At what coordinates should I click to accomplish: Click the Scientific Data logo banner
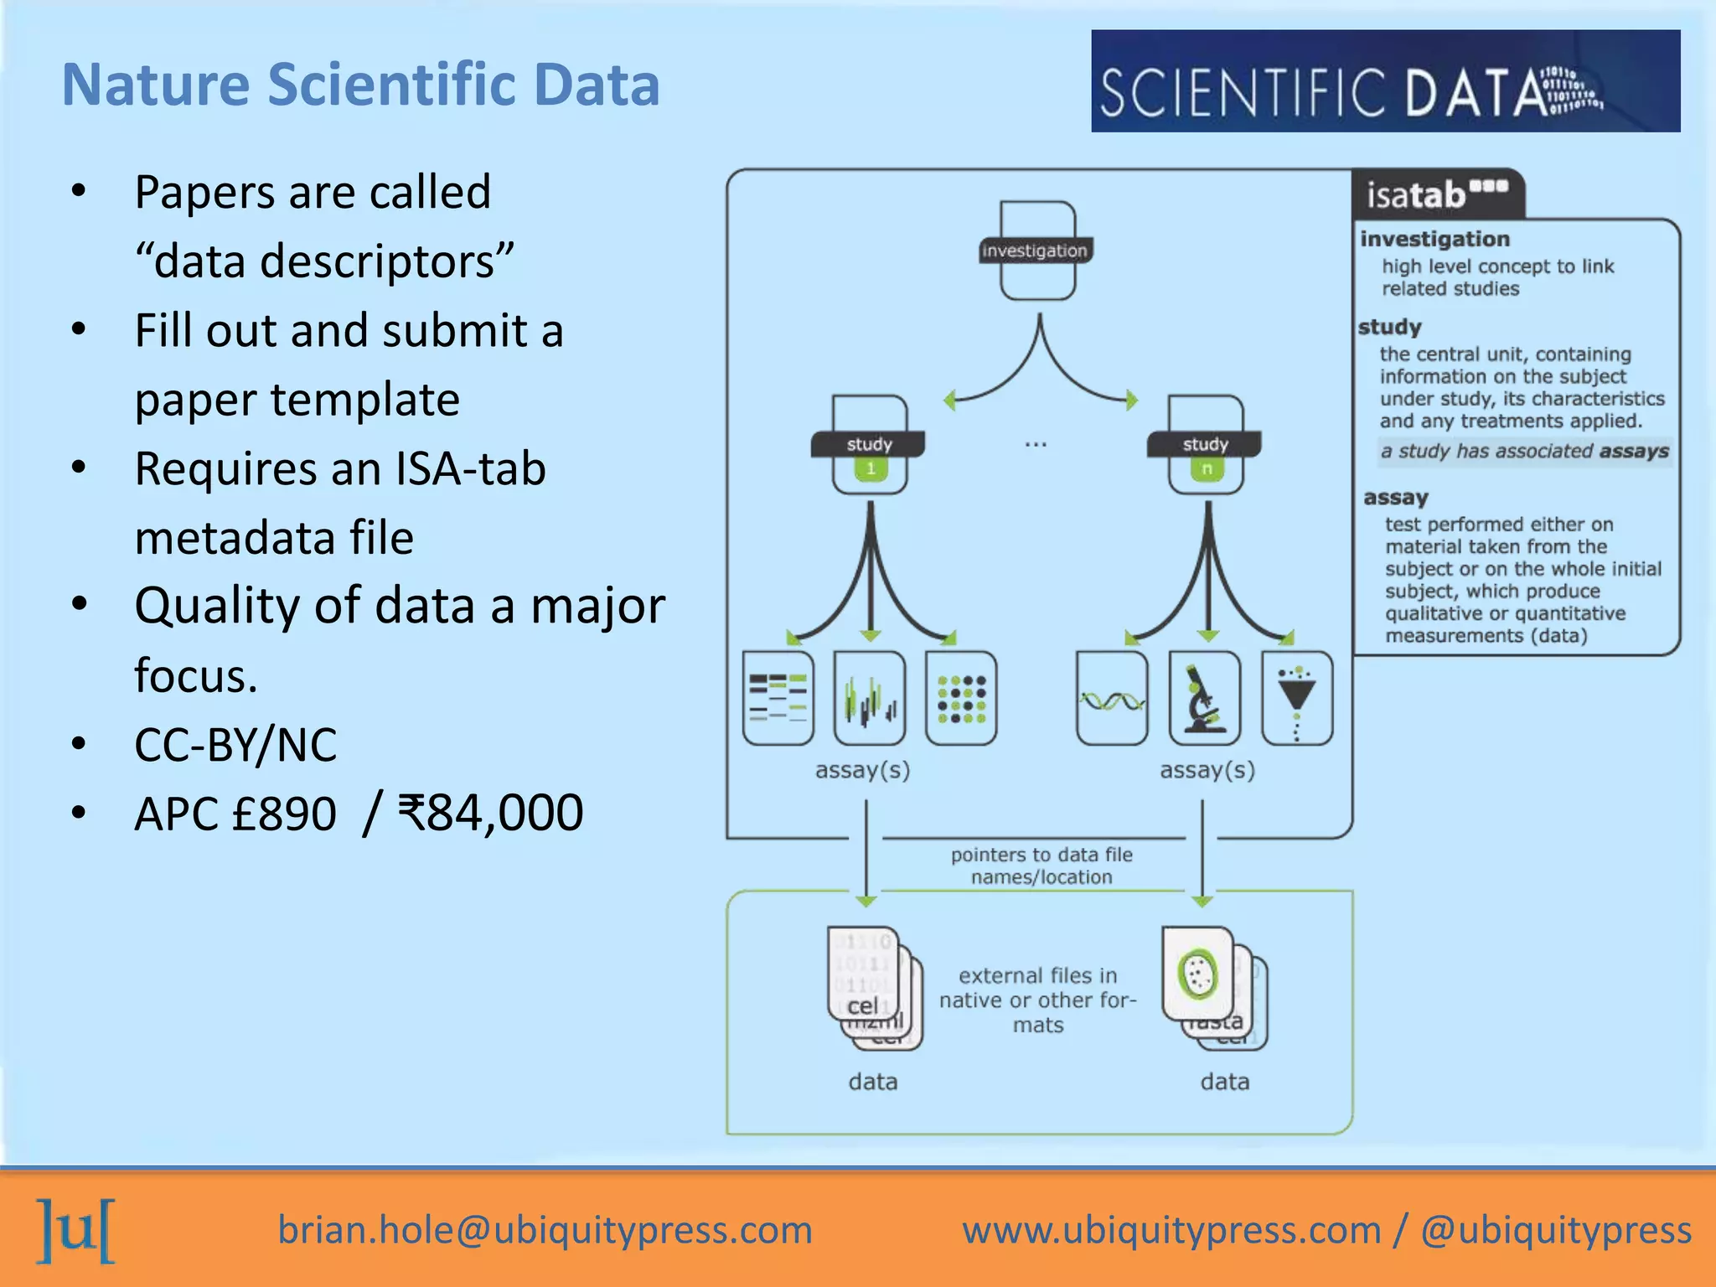tap(1384, 81)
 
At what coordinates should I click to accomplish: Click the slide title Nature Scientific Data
tap(361, 85)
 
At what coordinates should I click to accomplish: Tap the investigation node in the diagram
tap(1036, 251)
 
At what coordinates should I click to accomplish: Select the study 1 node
tap(870, 445)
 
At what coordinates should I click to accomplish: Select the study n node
tap(1205, 445)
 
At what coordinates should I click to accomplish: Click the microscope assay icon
tap(1204, 698)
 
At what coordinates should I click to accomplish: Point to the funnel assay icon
tap(1296, 698)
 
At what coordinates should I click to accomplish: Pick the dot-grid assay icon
tap(961, 698)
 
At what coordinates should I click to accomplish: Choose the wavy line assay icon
tap(1112, 698)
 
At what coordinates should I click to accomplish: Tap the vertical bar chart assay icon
tap(870, 698)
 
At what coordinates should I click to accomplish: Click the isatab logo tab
tap(1436, 194)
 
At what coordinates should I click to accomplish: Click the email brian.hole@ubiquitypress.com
tap(545, 1230)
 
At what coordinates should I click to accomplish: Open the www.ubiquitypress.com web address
tap(1171, 1230)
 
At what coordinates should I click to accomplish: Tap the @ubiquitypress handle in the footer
tap(1556, 1230)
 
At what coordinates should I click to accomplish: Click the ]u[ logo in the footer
tap(76, 1230)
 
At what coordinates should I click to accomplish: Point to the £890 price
tap(283, 813)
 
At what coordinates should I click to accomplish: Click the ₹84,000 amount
tap(491, 813)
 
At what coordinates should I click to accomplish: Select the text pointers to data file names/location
tap(1041, 866)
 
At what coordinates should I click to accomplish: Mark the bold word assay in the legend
tap(1395, 498)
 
